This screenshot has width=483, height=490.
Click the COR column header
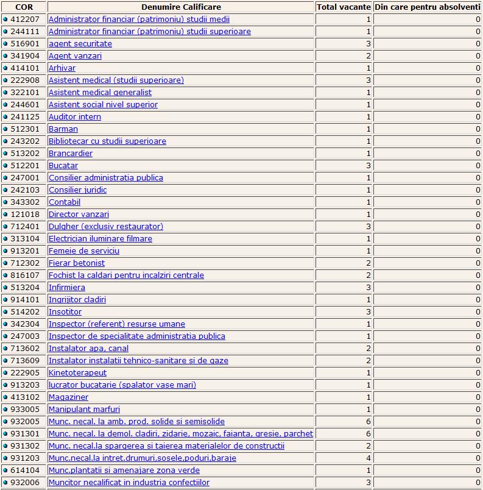(x=24, y=7)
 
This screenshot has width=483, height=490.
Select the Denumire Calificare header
(x=180, y=7)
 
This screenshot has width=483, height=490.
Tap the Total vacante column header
(x=344, y=7)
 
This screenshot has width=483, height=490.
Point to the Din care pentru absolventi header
(x=428, y=7)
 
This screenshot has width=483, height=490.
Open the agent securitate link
(x=80, y=44)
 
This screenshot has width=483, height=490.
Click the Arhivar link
(x=62, y=68)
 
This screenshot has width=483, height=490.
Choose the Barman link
(x=63, y=129)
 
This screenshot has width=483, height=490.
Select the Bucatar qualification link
(x=63, y=166)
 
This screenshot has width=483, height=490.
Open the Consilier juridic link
(x=77, y=190)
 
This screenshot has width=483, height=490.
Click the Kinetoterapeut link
(x=77, y=373)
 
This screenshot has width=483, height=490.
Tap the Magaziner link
(x=68, y=397)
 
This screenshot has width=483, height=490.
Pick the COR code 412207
(x=26, y=20)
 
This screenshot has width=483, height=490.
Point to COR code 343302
(x=26, y=202)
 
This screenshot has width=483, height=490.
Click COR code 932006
(x=26, y=483)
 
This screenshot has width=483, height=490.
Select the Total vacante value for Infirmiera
(x=368, y=288)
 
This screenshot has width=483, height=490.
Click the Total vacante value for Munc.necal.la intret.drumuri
(x=368, y=458)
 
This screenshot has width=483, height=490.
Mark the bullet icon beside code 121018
(x=5, y=215)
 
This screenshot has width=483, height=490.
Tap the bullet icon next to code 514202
(x=5, y=312)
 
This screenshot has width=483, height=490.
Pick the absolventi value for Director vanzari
(x=478, y=215)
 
